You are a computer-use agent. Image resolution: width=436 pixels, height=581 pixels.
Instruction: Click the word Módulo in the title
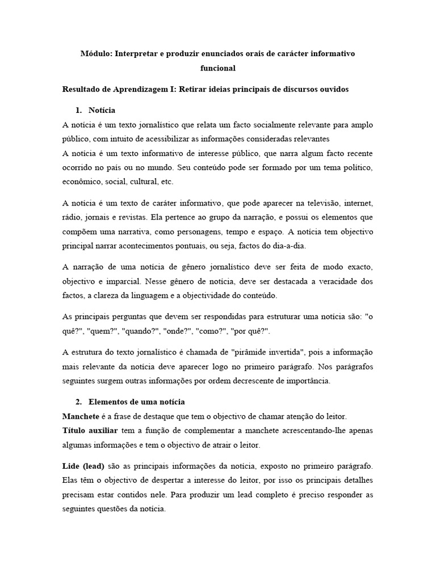pyautogui.click(x=97, y=54)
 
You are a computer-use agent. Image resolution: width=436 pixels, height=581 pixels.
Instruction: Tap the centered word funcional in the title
pyautogui.click(x=218, y=69)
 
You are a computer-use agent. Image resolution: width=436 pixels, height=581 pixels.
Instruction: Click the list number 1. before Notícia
pyautogui.click(x=78, y=110)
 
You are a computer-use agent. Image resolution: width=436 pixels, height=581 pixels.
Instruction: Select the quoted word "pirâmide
pyautogui.click(x=265, y=352)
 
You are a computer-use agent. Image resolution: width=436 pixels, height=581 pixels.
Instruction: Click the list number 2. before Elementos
pyautogui.click(x=78, y=402)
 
